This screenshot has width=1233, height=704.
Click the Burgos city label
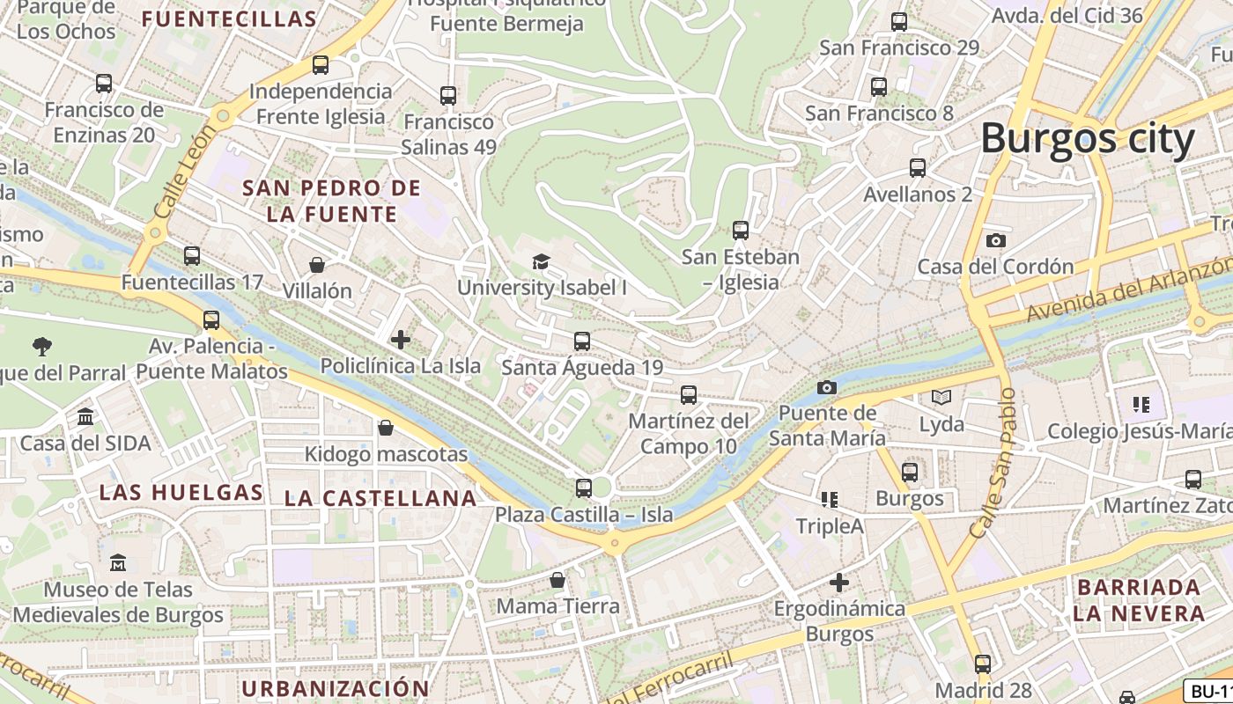(x=1087, y=139)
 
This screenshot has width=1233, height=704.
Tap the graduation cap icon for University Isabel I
(x=541, y=261)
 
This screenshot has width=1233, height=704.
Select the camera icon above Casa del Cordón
(x=995, y=240)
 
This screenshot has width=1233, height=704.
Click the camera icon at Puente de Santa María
(x=826, y=387)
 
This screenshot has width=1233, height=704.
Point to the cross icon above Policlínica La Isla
(x=401, y=339)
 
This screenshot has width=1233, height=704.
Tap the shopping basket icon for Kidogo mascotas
(x=385, y=429)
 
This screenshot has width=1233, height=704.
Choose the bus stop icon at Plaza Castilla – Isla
(x=583, y=488)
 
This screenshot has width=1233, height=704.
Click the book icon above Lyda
(x=941, y=398)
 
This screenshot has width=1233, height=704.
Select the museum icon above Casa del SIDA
(x=85, y=416)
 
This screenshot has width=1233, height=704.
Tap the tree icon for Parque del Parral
(x=41, y=346)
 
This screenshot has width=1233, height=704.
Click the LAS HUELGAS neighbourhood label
(x=181, y=492)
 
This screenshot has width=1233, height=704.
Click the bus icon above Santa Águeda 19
(x=581, y=341)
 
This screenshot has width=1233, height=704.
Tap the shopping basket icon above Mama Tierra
(x=557, y=580)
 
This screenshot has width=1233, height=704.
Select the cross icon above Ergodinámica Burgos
(x=839, y=583)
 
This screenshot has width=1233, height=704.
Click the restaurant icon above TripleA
(x=829, y=500)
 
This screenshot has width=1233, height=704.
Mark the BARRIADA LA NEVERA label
(x=1138, y=600)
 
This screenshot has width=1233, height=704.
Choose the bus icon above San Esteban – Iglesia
(x=740, y=231)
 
